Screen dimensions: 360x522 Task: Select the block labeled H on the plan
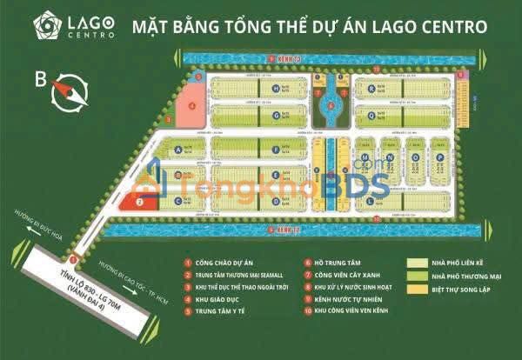[276, 89]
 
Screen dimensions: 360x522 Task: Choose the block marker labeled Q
[371, 110]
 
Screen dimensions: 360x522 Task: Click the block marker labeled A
[178, 150]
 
